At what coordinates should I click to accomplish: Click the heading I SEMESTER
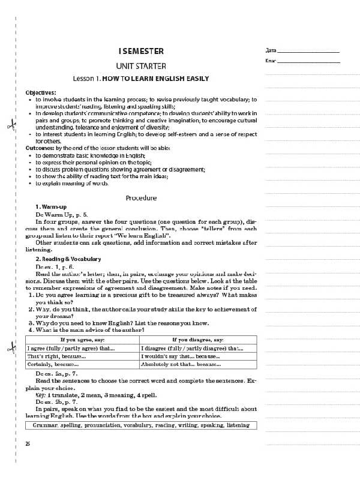coord(141,51)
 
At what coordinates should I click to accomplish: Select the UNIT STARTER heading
coord(141,65)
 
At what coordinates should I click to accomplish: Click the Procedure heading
coord(141,198)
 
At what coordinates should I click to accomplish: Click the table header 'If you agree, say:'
coord(83,340)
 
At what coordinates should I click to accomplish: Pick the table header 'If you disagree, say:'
coord(197,340)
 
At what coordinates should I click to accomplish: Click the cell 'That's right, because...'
coord(57,356)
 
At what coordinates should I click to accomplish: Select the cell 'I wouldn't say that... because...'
coord(178,356)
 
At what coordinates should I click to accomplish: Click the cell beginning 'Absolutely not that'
coord(181,364)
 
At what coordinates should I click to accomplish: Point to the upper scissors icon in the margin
coord(11,125)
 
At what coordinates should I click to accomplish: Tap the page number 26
coord(28,443)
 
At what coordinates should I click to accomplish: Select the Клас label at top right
coord(270,61)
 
